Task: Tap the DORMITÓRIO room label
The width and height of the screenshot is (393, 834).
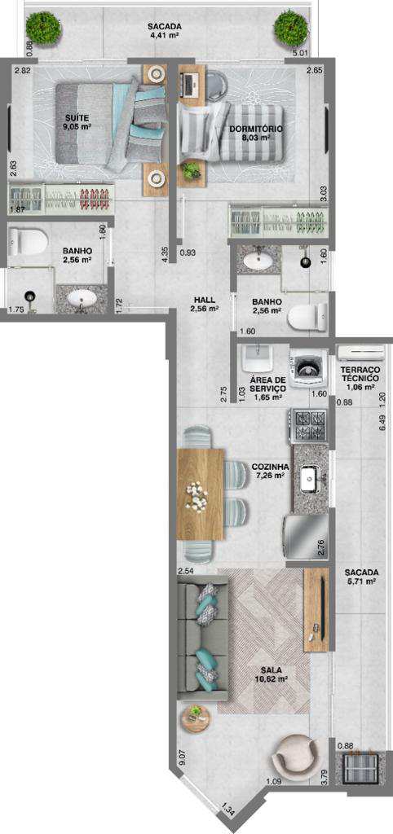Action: [x=255, y=129]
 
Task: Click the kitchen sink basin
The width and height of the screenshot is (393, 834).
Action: [x=309, y=479]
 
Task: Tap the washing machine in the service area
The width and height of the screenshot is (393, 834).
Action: [x=308, y=365]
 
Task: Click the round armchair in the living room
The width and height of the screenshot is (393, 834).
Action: [x=296, y=757]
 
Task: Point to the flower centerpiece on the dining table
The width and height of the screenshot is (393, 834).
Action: [x=197, y=498]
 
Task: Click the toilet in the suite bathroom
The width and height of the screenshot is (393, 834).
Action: [x=28, y=241]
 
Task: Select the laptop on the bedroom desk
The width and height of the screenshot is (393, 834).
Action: [x=189, y=82]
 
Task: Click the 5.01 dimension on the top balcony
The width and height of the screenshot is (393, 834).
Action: [x=302, y=53]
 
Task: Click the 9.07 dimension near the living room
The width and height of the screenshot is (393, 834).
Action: [x=182, y=757]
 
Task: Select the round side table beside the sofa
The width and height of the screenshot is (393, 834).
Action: [x=196, y=719]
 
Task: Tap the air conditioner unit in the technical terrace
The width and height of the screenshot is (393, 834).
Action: [x=360, y=352]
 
